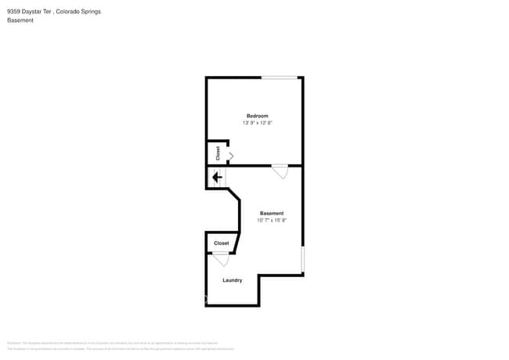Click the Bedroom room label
258,116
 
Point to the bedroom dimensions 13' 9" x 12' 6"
258,123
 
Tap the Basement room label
272,213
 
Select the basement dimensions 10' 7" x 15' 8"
272,220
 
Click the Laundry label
232,280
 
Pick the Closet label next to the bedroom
218,153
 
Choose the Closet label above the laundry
222,243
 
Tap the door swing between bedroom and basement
280,171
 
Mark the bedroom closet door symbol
230,157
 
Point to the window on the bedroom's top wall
280,77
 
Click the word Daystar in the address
32,12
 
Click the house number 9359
13,12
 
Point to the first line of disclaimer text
109,343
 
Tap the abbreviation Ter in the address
49,12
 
